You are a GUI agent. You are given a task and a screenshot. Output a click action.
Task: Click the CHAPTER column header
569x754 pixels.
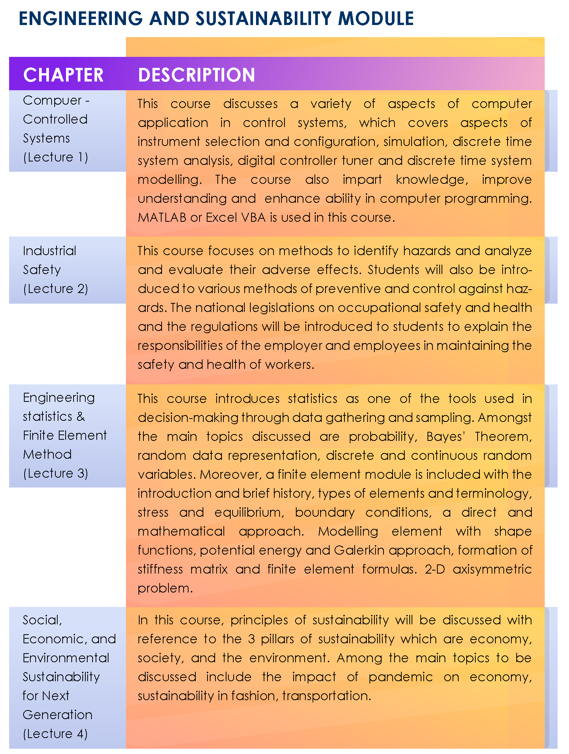pyautogui.click(x=63, y=75)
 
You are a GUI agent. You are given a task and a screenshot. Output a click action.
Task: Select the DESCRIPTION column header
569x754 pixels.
pyautogui.click(x=196, y=75)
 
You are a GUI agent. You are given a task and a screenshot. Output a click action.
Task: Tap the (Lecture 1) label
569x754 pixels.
pyautogui.click(x=55, y=157)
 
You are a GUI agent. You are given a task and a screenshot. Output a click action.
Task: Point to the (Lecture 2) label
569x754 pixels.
pyautogui.click(x=55, y=289)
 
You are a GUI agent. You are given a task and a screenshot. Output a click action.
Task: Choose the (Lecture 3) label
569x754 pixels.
pyautogui.click(x=55, y=473)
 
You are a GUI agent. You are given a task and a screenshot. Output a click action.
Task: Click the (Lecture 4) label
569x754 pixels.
pyautogui.click(x=55, y=734)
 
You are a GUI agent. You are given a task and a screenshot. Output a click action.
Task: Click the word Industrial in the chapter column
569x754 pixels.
pyautogui.click(x=49, y=251)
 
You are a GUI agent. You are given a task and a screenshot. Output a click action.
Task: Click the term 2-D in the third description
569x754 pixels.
pyautogui.click(x=435, y=569)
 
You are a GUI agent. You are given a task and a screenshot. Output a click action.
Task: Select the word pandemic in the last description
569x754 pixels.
pyautogui.click(x=401, y=677)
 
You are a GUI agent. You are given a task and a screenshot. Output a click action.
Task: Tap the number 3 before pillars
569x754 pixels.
pyautogui.click(x=251, y=639)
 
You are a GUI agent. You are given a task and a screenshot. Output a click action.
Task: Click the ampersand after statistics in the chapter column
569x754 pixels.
pyautogui.click(x=80, y=417)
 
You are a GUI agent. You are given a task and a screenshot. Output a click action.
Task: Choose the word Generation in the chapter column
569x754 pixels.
pyautogui.click(x=58, y=715)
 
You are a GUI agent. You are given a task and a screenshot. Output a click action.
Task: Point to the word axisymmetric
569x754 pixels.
pyautogui.click(x=492, y=569)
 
